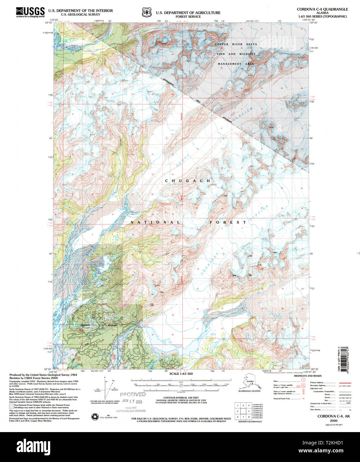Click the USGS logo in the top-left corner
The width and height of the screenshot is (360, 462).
pos(30,12)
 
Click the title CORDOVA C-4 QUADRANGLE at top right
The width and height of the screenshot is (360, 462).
pos(322,9)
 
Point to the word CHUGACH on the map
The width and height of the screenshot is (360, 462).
pos(188,181)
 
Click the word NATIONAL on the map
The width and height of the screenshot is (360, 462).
pos(155,222)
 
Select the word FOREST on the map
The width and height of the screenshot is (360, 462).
pos(228,222)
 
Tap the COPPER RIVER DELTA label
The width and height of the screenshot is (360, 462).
pos(236,44)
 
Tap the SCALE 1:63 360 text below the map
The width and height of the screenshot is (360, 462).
pos(181,374)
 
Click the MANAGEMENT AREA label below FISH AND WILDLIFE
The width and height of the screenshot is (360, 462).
pos(236,64)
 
